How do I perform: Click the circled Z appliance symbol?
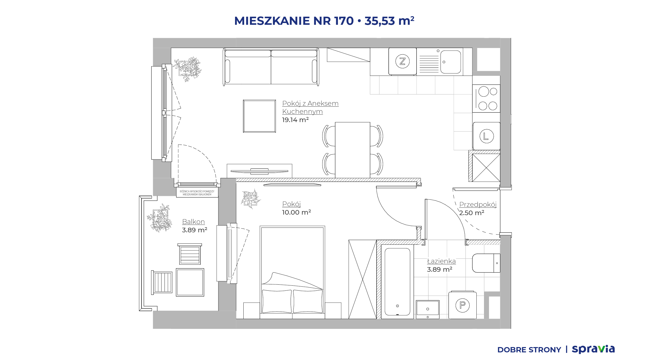(x=402, y=61)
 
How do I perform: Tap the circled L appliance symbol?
(x=487, y=136)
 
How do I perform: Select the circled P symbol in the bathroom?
(x=463, y=305)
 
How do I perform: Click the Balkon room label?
(x=193, y=222)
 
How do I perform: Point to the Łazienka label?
(x=441, y=261)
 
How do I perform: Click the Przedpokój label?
(x=478, y=204)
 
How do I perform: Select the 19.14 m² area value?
(x=295, y=120)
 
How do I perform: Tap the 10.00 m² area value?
(x=296, y=212)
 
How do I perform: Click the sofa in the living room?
(x=271, y=67)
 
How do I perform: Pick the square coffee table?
(x=259, y=116)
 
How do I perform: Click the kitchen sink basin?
(x=451, y=62)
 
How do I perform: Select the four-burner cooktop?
(x=486, y=99)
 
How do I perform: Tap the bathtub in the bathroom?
(x=397, y=282)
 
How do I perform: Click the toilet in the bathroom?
(x=486, y=263)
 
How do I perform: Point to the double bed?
(x=292, y=272)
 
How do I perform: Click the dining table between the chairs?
(x=353, y=150)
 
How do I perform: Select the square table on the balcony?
(x=190, y=282)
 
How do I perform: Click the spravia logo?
(x=593, y=350)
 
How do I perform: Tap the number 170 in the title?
(x=344, y=21)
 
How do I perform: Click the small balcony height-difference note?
(x=197, y=193)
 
